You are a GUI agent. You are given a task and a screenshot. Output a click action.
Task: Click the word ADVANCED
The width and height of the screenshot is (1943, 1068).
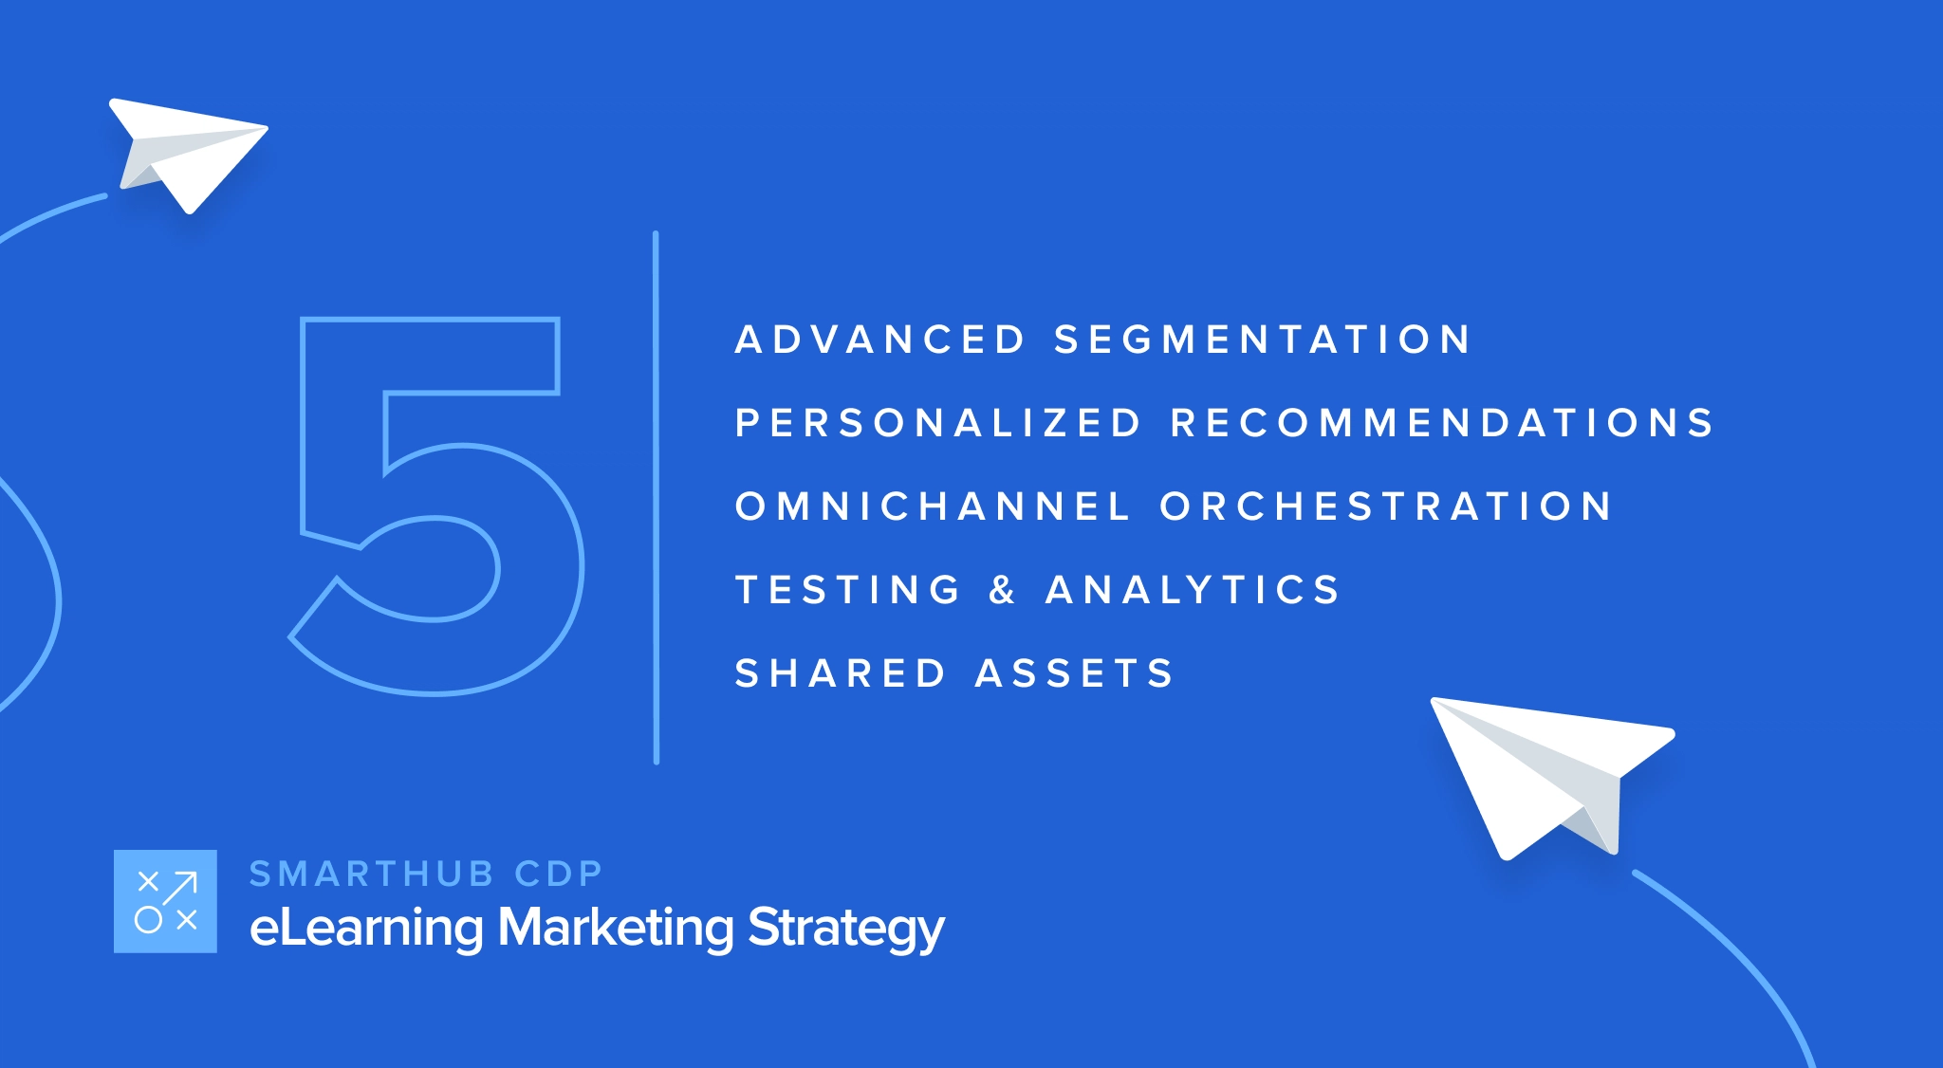point(879,340)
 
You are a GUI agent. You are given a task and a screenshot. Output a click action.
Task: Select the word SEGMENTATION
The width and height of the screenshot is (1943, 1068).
point(1262,340)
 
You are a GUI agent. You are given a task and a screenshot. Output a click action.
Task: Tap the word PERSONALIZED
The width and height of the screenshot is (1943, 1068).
point(938,423)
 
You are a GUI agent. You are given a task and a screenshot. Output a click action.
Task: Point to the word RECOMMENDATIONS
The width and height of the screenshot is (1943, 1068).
point(1442,423)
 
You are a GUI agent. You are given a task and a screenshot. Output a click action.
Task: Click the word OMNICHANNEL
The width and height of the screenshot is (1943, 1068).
point(933,506)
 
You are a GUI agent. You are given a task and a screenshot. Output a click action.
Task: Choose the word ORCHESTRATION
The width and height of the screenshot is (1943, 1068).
point(1385,506)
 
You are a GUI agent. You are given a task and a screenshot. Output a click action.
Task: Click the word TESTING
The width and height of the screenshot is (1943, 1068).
point(848,590)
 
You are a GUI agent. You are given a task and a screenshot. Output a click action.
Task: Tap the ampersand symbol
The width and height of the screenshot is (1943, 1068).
point(1003,590)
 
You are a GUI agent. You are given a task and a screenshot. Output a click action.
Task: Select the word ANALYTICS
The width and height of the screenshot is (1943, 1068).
point(1193,590)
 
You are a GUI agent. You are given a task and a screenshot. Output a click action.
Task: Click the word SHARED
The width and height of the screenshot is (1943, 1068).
point(841,673)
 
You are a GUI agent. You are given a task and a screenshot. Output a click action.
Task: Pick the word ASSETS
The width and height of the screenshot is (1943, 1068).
point(1075,673)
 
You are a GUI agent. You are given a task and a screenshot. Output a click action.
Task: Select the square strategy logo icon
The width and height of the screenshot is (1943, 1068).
point(165,901)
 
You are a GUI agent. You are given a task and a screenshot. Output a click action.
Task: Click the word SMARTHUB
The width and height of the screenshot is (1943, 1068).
point(372,874)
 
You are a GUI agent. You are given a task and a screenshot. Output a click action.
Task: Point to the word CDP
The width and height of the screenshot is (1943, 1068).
point(559,874)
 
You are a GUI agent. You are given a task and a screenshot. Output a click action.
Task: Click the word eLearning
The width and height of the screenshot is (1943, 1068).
point(365,928)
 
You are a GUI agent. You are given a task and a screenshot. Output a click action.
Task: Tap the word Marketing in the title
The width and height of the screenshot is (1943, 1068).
point(616,928)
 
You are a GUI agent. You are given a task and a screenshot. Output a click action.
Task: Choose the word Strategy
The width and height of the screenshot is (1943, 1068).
point(846,928)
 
